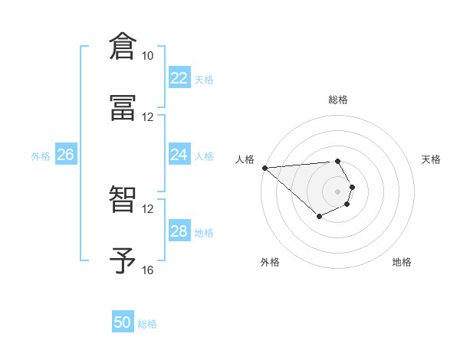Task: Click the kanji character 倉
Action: [123, 47]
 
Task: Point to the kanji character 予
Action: [123, 261]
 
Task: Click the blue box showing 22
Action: [179, 78]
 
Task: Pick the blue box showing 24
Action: [179, 155]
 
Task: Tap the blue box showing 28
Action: [179, 231]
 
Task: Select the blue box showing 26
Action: [65, 155]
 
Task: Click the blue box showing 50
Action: [123, 322]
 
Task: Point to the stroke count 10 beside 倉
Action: [148, 56]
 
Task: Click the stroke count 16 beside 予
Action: [148, 270]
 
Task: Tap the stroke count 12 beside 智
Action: [148, 209]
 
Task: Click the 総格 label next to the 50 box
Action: [147, 324]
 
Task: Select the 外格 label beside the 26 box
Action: [41, 156]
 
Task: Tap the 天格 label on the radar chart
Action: [431, 159]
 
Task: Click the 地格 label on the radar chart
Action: [402, 262]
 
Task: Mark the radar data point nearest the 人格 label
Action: [264, 168]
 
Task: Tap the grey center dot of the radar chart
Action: [338, 191]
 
